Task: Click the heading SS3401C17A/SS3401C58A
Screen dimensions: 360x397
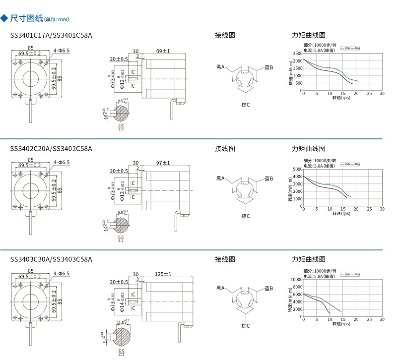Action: pyautogui.click(x=51, y=35)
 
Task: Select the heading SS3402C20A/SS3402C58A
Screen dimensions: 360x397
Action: pyautogui.click(x=51, y=148)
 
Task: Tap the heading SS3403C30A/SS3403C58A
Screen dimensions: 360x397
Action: pyautogui.click(x=51, y=259)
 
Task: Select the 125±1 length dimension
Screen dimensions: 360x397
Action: pyautogui.click(x=163, y=274)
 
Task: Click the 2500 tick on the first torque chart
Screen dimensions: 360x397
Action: pyautogui.click(x=297, y=53)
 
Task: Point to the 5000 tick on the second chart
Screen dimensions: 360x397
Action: pyautogui.click(x=297, y=169)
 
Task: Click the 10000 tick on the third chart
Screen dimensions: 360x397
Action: pyautogui.click(x=296, y=280)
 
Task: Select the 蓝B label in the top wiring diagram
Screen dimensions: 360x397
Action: pyautogui.click(x=269, y=67)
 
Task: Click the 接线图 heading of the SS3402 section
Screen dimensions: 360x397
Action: pyautogui.click(x=225, y=148)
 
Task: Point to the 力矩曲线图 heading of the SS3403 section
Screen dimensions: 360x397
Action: pyautogui.click(x=309, y=259)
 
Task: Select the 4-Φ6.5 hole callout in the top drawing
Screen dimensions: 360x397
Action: pyautogui.click(x=62, y=51)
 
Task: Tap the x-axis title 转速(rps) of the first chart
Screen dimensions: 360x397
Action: pyautogui.click(x=341, y=98)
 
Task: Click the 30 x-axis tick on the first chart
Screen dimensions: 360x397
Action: pyautogui.click(x=382, y=93)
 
